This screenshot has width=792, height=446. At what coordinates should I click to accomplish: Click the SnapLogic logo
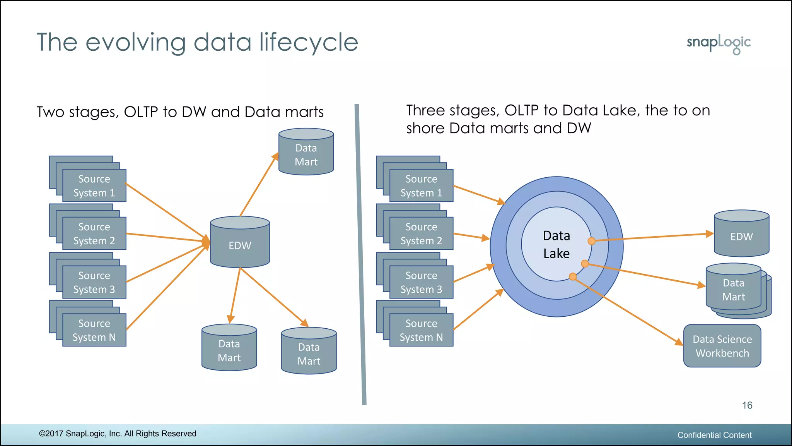pos(719,43)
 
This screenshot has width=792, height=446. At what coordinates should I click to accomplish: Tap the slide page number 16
pos(747,405)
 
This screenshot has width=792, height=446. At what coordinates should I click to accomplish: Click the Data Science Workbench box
pos(722,346)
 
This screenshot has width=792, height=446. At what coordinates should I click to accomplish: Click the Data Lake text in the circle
pos(556,244)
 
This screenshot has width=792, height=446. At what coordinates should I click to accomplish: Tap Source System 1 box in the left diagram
pos(94,186)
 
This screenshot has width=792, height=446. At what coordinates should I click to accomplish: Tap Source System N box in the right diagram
pos(421,330)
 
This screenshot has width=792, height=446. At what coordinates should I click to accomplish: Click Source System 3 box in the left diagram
pos(94,282)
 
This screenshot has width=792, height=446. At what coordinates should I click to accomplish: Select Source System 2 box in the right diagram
pos(421,233)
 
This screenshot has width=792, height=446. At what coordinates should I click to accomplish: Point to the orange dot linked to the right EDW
pos(591,241)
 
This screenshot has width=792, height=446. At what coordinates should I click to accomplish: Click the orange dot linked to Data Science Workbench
pos(573,276)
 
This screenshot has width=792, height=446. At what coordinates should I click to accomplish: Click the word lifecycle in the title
pos(309,43)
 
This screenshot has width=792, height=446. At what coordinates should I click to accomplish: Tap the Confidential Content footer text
pos(714,435)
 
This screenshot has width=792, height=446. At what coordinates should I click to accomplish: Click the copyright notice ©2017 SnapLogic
pos(118,434)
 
